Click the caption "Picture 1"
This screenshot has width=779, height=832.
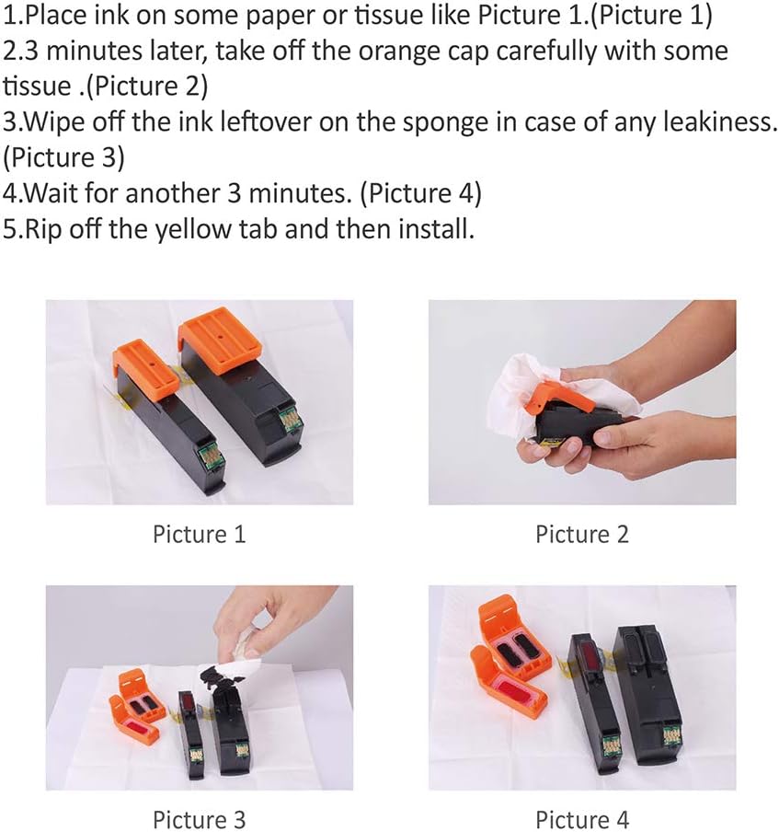199,533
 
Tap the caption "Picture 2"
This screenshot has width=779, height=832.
582,533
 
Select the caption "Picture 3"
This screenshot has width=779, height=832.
199,818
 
